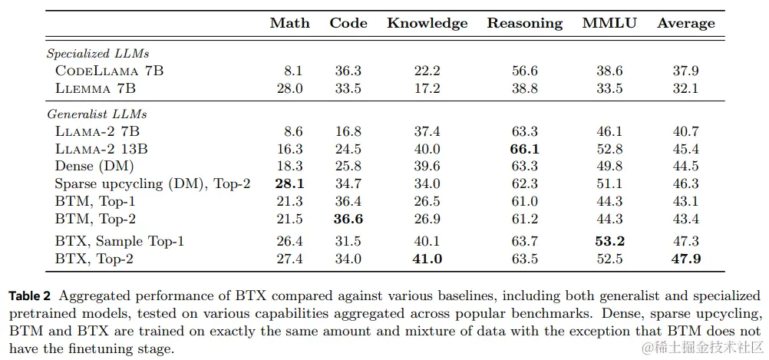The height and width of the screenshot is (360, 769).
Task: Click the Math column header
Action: point(289,23)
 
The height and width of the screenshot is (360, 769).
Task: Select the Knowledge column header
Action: point(427,23)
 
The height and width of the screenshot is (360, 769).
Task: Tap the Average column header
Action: point(685,23)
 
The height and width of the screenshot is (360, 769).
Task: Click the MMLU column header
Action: point(609,23)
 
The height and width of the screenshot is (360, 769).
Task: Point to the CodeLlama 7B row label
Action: point(109,71)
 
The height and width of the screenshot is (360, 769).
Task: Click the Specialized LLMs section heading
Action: point(97,54)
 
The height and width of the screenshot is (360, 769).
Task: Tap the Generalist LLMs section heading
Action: point(96,114)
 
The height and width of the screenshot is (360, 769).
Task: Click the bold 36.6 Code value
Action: point(348,219)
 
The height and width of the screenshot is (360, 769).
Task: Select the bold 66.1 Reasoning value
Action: point(525,149)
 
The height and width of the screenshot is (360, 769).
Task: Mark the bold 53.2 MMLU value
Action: point(609,241)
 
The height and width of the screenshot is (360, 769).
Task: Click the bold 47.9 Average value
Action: point(685,259)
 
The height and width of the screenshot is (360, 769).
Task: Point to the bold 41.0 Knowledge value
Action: point(427,259)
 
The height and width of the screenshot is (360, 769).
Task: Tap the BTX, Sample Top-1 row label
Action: point(120,241)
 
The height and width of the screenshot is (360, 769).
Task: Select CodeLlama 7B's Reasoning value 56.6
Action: point(525,71)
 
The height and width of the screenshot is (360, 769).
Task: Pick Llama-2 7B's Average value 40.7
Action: point(685,131)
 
